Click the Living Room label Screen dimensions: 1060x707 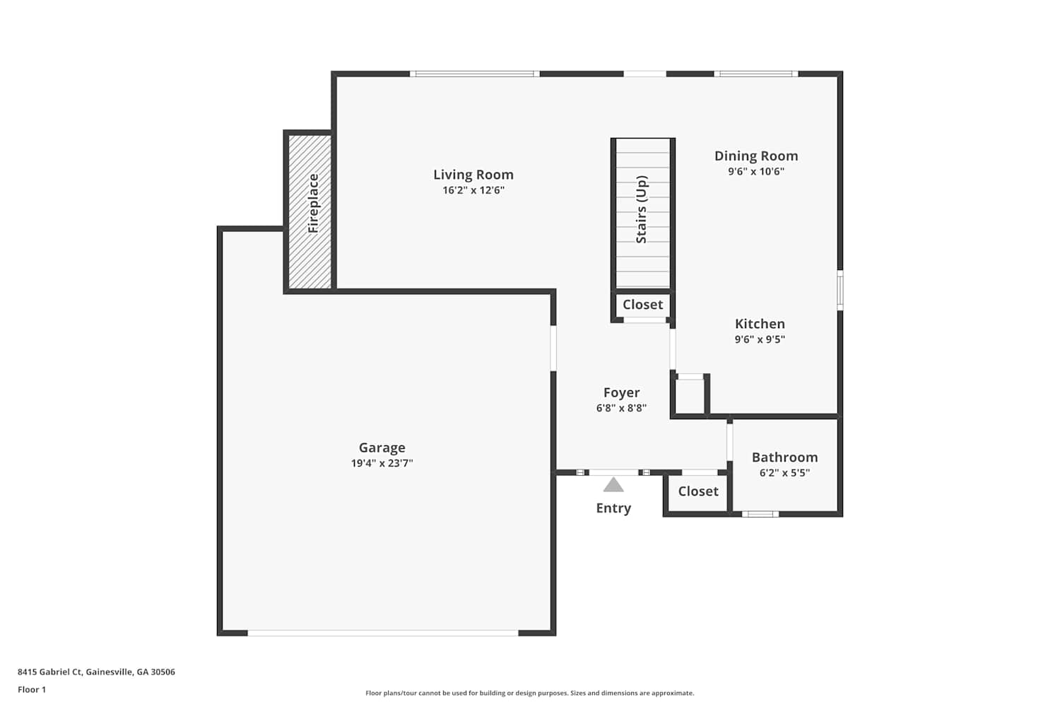(x=473, y=175)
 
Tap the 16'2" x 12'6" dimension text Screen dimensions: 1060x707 (x=473, y=190)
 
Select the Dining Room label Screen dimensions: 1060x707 (x=755, y=156)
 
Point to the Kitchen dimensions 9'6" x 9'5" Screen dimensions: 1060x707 (x=760, y=339)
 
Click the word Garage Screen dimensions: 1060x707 (x=382, y=448)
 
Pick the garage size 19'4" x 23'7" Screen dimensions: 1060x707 (x=382, y=463)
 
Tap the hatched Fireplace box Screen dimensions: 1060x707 (x=310, y=211)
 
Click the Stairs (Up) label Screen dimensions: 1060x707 (x=641, y=210)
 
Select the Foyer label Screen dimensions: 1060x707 (x=621, y=392)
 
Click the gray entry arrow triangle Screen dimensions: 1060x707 (x=613, y=485)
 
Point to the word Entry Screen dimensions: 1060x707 (x=613, y=508)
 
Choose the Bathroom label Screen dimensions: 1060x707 (x=784, y=457)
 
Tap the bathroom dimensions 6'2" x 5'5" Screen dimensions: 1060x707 (x=784, y=472)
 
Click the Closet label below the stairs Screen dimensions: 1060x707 (x=642, y=305)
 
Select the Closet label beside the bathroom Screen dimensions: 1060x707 (x=698, y=491)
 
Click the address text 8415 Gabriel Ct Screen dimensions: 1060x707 (x=50, y=672)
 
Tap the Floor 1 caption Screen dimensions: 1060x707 (x=32, y=689)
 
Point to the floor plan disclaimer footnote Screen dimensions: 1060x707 (x=529, y=693)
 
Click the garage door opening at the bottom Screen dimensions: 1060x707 (x=383, y=633)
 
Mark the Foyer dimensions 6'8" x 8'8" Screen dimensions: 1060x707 (x=621, y=408)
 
